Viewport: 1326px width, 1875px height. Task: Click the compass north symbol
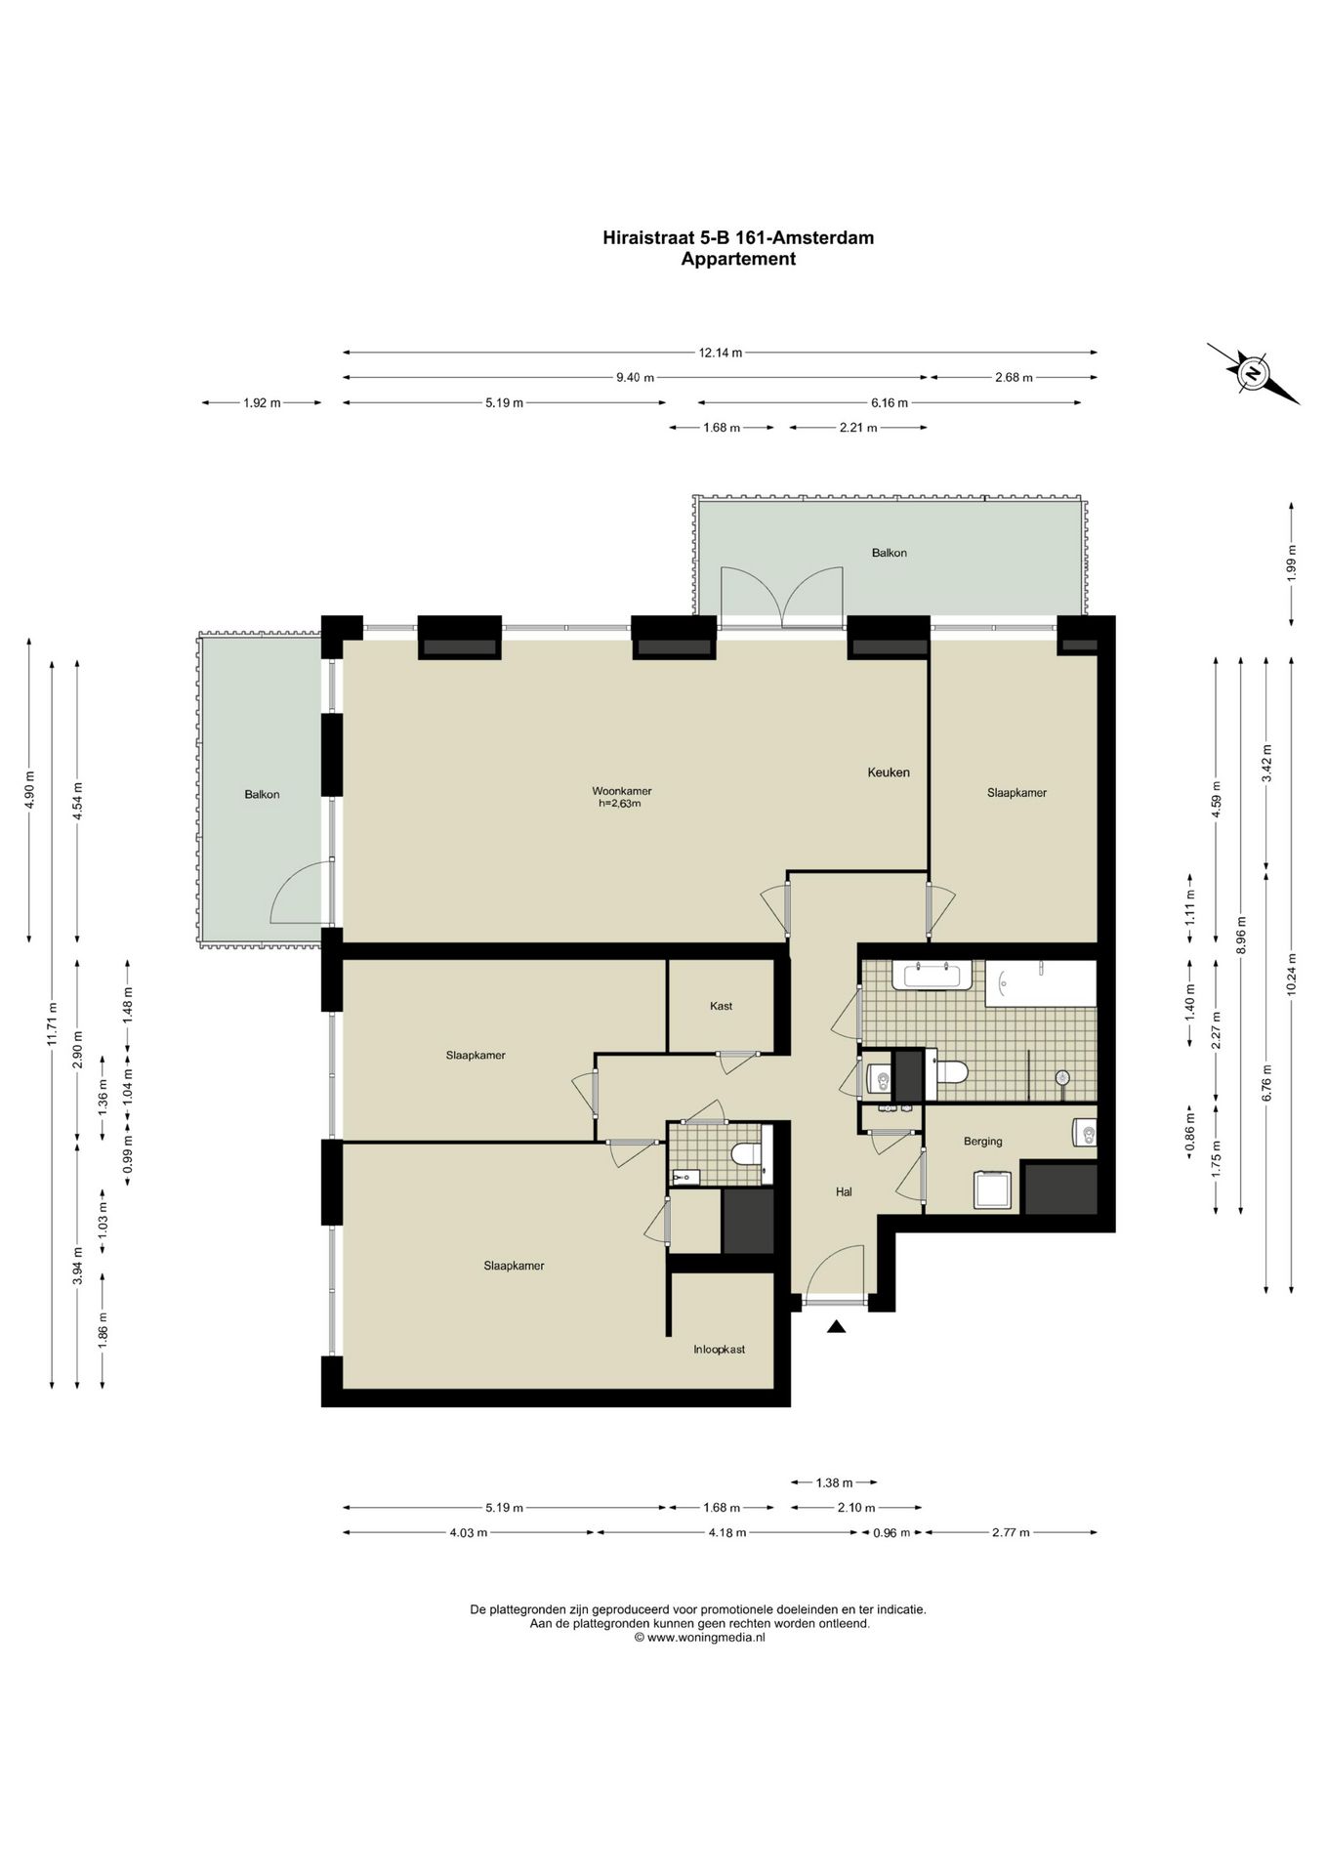pyautogui.click(x=1253, y=373)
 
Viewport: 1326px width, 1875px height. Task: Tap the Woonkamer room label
pyautogui.click(x=622, y=791)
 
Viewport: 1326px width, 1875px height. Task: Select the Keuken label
pyautogui.click(x=889, y=772)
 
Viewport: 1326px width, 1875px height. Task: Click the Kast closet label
pyautogui.click(x=721, y=1006)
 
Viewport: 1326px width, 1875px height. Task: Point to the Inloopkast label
pyautogui.click(x=719, y=1350)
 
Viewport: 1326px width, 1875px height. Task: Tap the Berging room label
pyautogui.click(x=982, y=1141)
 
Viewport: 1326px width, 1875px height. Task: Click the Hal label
pyautogui.click(x=844, y=1191)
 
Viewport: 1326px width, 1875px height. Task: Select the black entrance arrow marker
pyautogui.click(x=836, y=1326)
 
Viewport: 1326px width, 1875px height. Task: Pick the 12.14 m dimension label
pyautogui.click(x=720, y=353)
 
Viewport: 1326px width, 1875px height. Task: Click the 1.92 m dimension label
pyautogui.click(x=262, y=402)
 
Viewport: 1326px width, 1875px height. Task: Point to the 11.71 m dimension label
pyautogui.click(x=53, y=1023)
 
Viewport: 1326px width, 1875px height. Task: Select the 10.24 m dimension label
pyautogui.click(x=1292, y=973)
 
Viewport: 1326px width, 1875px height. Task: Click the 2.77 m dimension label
pyautogui.click(x=1010, y=1532)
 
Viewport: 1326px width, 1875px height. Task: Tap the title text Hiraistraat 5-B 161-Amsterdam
pyautogui.click(x=737, y=237)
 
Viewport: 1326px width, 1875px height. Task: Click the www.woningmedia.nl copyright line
pyautogui.click(x=699, y=1638)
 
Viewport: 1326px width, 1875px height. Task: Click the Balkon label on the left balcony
pyautogui.click(x=262, y=795)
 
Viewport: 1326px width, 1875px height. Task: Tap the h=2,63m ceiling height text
pyautogui.click(x=619, y=804)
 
